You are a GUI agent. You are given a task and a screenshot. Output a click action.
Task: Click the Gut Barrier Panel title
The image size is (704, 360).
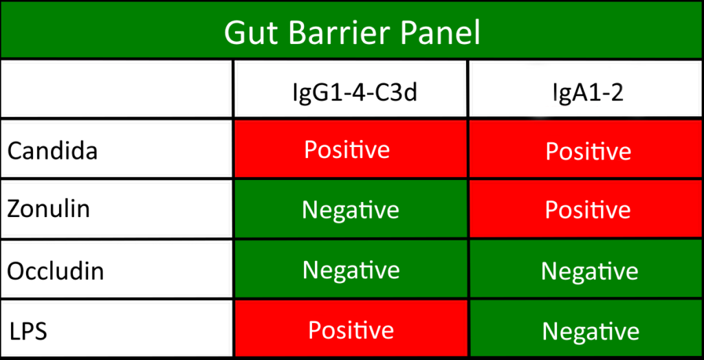(351, 31)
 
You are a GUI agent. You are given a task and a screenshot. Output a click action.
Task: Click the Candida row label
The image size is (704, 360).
(52, 150)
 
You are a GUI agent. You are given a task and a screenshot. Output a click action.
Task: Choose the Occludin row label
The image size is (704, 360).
(56, 271)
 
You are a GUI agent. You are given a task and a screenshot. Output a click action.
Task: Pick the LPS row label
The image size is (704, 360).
(27, 331)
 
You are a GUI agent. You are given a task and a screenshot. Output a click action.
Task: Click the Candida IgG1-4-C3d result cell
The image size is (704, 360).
(351, 149)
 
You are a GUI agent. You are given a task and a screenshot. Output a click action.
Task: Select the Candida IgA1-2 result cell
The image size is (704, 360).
(588, 150)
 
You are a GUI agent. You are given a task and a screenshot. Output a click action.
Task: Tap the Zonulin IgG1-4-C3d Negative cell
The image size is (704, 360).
(351, 210)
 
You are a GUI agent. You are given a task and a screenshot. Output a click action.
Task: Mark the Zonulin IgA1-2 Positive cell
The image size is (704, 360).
(588, 210)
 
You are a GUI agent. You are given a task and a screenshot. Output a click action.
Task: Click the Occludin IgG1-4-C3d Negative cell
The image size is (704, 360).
(351, 270)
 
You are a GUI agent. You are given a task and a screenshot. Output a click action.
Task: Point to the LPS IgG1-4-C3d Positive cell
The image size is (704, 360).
(351, 330)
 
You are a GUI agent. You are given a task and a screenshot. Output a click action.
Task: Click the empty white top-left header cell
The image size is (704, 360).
(116, 89)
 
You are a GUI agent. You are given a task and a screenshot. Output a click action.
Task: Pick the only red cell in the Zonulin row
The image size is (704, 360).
(588, 210)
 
